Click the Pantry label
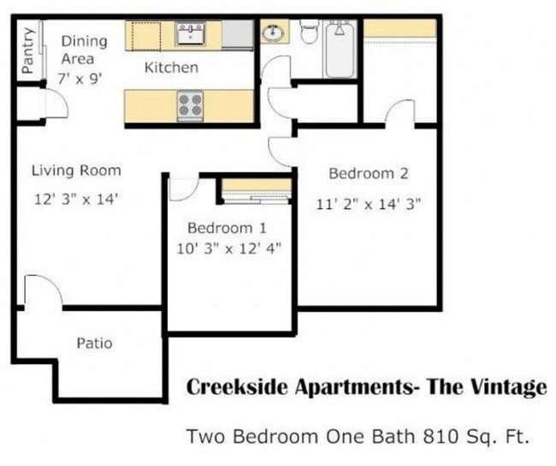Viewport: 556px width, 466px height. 28,51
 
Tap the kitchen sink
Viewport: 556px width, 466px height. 189,33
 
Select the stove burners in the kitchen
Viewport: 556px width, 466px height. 189,105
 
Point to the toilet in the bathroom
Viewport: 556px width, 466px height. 309,33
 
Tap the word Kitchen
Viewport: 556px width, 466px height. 171,67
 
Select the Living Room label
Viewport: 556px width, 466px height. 76,170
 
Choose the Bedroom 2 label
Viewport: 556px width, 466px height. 369,174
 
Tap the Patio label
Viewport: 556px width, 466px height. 94,344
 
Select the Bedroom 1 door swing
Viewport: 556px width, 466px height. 184,188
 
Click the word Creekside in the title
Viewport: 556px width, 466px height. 240,388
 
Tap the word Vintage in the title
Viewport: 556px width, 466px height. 509,388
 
